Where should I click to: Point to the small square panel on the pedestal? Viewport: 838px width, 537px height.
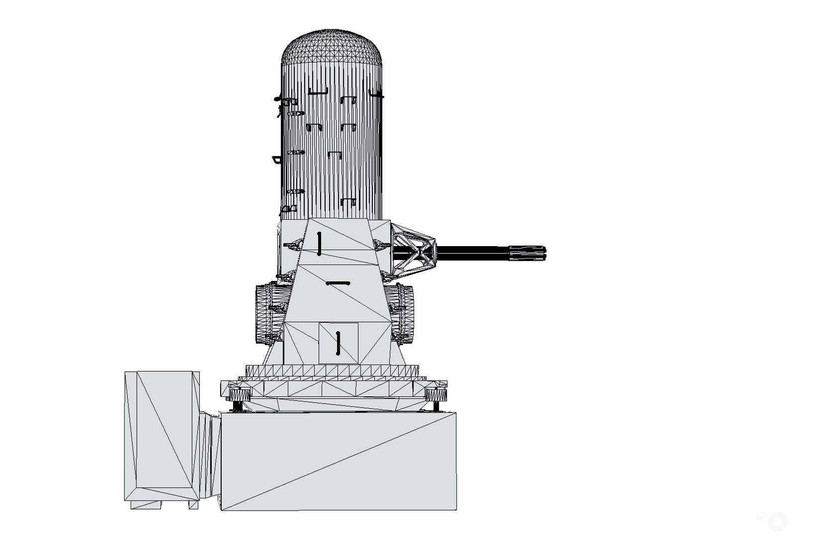tap(338, 343)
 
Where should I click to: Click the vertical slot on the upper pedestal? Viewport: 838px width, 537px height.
tap(319, 243)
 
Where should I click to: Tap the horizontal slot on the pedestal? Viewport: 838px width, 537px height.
tap(338, 283)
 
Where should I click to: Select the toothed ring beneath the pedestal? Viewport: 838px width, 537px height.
tap(332, 371)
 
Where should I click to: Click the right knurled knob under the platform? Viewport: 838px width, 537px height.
tap(436, 396)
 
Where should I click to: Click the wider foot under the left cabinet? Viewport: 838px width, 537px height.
tap(146, 504)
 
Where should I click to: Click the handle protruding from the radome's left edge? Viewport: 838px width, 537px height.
tap(276, 160)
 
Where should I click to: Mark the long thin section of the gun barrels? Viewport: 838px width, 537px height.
tap(472, 253)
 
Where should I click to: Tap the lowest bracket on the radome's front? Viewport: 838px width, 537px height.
tap(348, 202)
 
